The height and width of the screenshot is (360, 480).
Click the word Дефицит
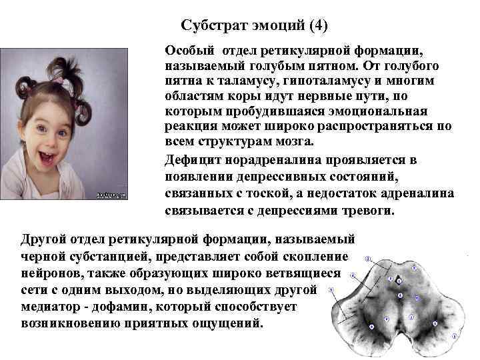pyautogui.click(x=194, y=161)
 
